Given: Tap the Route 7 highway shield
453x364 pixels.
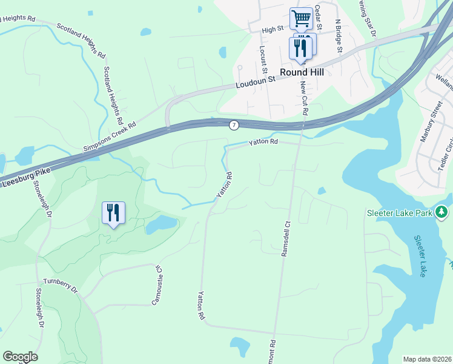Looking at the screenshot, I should click(234, 125).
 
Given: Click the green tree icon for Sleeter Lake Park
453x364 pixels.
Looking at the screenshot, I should click(443, 212).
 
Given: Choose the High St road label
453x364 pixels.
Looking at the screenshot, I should click(273, 29).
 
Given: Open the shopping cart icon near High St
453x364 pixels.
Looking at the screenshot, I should click(300, 18).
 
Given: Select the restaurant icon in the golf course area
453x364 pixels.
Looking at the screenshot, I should click(113, 213).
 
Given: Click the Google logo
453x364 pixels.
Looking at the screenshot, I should click(20, 357).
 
